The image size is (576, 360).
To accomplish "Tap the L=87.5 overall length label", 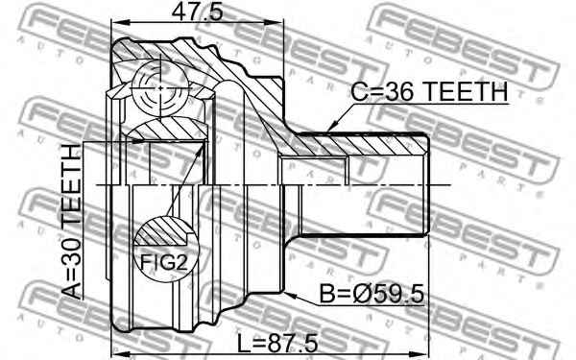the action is pyautogui.click(x=277, y=344).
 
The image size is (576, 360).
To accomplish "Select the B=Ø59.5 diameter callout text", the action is pyautogui.click(x=372, y=295).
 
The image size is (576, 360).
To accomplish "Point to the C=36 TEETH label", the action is pyautogui.click(x=429, y=91).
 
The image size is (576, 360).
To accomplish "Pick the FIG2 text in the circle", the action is pyautogui.click(x=164, y=262).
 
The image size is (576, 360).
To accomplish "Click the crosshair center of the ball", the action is pyautogui.click(x=161, y=88).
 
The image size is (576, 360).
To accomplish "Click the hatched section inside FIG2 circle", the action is pyautogui.click(x=161, y=231).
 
